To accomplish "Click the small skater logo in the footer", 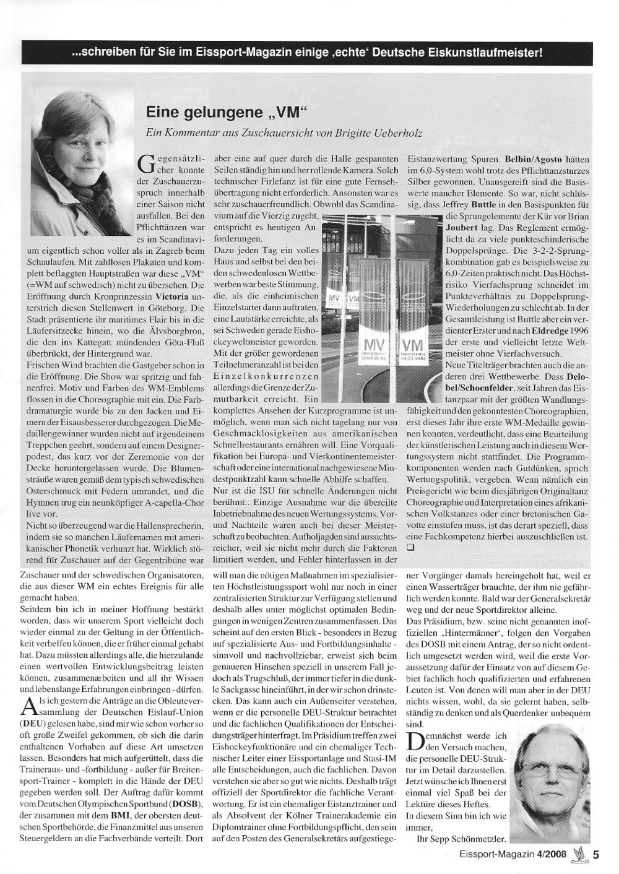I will (580, 854).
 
